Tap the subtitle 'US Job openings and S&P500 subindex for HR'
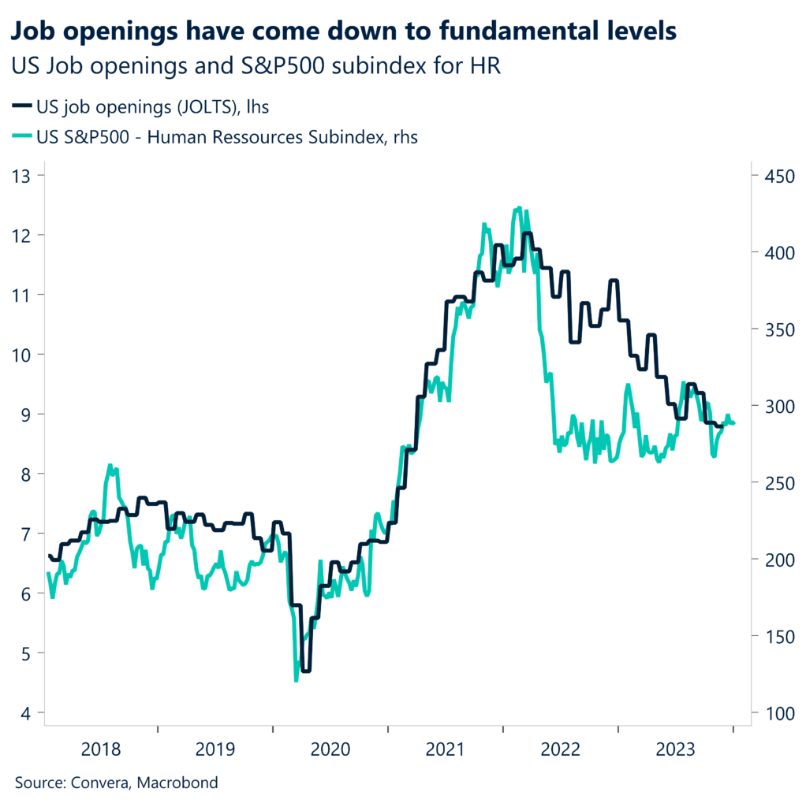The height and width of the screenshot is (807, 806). click(x=256, y=67)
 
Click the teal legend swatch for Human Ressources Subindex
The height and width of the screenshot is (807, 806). click(x=23, y=137)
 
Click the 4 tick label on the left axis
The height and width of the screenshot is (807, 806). click(x=27, y=713)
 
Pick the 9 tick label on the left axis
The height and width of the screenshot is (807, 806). click(x=27, y=415)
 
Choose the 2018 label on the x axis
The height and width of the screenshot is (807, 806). click(x=100, y=748)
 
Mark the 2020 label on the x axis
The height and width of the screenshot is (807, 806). click(x=330, y=748)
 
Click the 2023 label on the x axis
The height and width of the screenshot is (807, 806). click(x=676, y=748)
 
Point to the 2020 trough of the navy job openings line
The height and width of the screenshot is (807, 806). click(x=306, y=671)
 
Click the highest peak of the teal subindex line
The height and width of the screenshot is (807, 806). click(x=518, y=208)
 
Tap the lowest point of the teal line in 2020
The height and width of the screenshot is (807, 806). click(x=296, y=680)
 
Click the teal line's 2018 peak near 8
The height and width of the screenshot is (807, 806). click(x=110, y=466)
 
